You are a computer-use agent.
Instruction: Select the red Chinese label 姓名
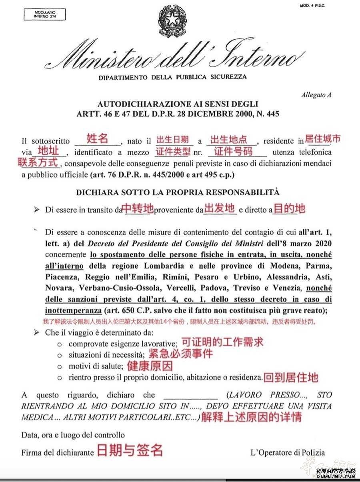point(98,139)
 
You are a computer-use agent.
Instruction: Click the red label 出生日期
point(172,140)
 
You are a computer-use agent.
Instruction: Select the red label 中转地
point(138,208)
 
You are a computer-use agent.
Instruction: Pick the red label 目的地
point(289,208)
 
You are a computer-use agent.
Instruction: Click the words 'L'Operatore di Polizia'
point(288,453)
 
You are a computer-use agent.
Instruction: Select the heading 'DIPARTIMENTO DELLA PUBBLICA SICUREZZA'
point(172,77)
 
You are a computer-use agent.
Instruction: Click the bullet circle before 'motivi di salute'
point(60,366)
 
